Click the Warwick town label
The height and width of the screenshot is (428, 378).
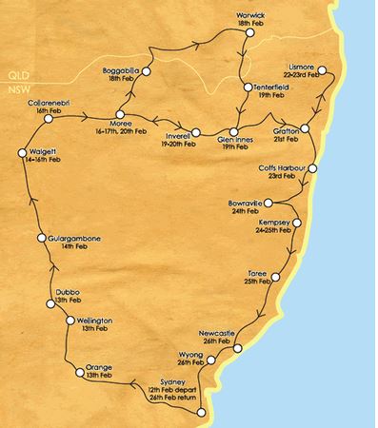(x=249, y=17)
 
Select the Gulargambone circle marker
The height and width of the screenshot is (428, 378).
(x=41, y=237)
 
